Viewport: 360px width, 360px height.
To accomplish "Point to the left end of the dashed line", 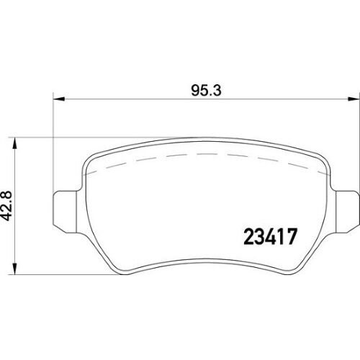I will (86, 174).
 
